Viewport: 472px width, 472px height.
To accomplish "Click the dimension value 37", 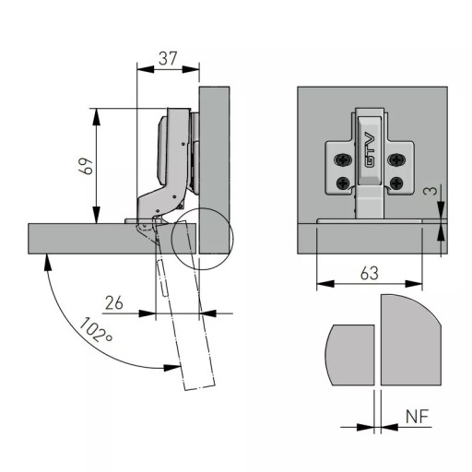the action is click(x=168, y=58).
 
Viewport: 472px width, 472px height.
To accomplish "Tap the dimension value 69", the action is click(x=86, y=166).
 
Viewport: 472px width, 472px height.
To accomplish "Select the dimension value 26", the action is click(x=114, y=302).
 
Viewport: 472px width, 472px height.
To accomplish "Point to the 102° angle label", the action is click(x=96, y=330).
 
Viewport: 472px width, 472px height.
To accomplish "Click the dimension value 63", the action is click(x=370, y=273).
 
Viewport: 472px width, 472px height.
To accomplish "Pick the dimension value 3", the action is click(x=431, y=191).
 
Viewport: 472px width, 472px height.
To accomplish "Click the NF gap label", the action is click(x=417, y=417).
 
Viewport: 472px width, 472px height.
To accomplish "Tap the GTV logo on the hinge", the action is click(x=370, y=150).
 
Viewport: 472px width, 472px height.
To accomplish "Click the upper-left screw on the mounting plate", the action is click(x=343, y=159).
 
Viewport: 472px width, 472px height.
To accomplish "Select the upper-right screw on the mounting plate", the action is click(x=395, y=159).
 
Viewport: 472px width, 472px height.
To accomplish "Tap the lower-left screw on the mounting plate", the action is click(x=343, y=183).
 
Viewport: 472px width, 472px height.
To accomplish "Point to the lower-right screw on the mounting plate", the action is click(x=395, y=183).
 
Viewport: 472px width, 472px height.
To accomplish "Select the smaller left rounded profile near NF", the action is click(x=349, y=355).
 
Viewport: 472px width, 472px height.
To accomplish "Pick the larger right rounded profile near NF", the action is click(x=411, y=340).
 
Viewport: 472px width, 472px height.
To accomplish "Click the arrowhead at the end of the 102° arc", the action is click(x=171, y=368).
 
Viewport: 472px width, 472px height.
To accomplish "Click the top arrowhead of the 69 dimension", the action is click(x=97, y=117).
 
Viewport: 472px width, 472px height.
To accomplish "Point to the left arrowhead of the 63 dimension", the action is click(x=325, y=284).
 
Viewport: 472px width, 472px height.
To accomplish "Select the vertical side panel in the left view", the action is click(x=214, y=170).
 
